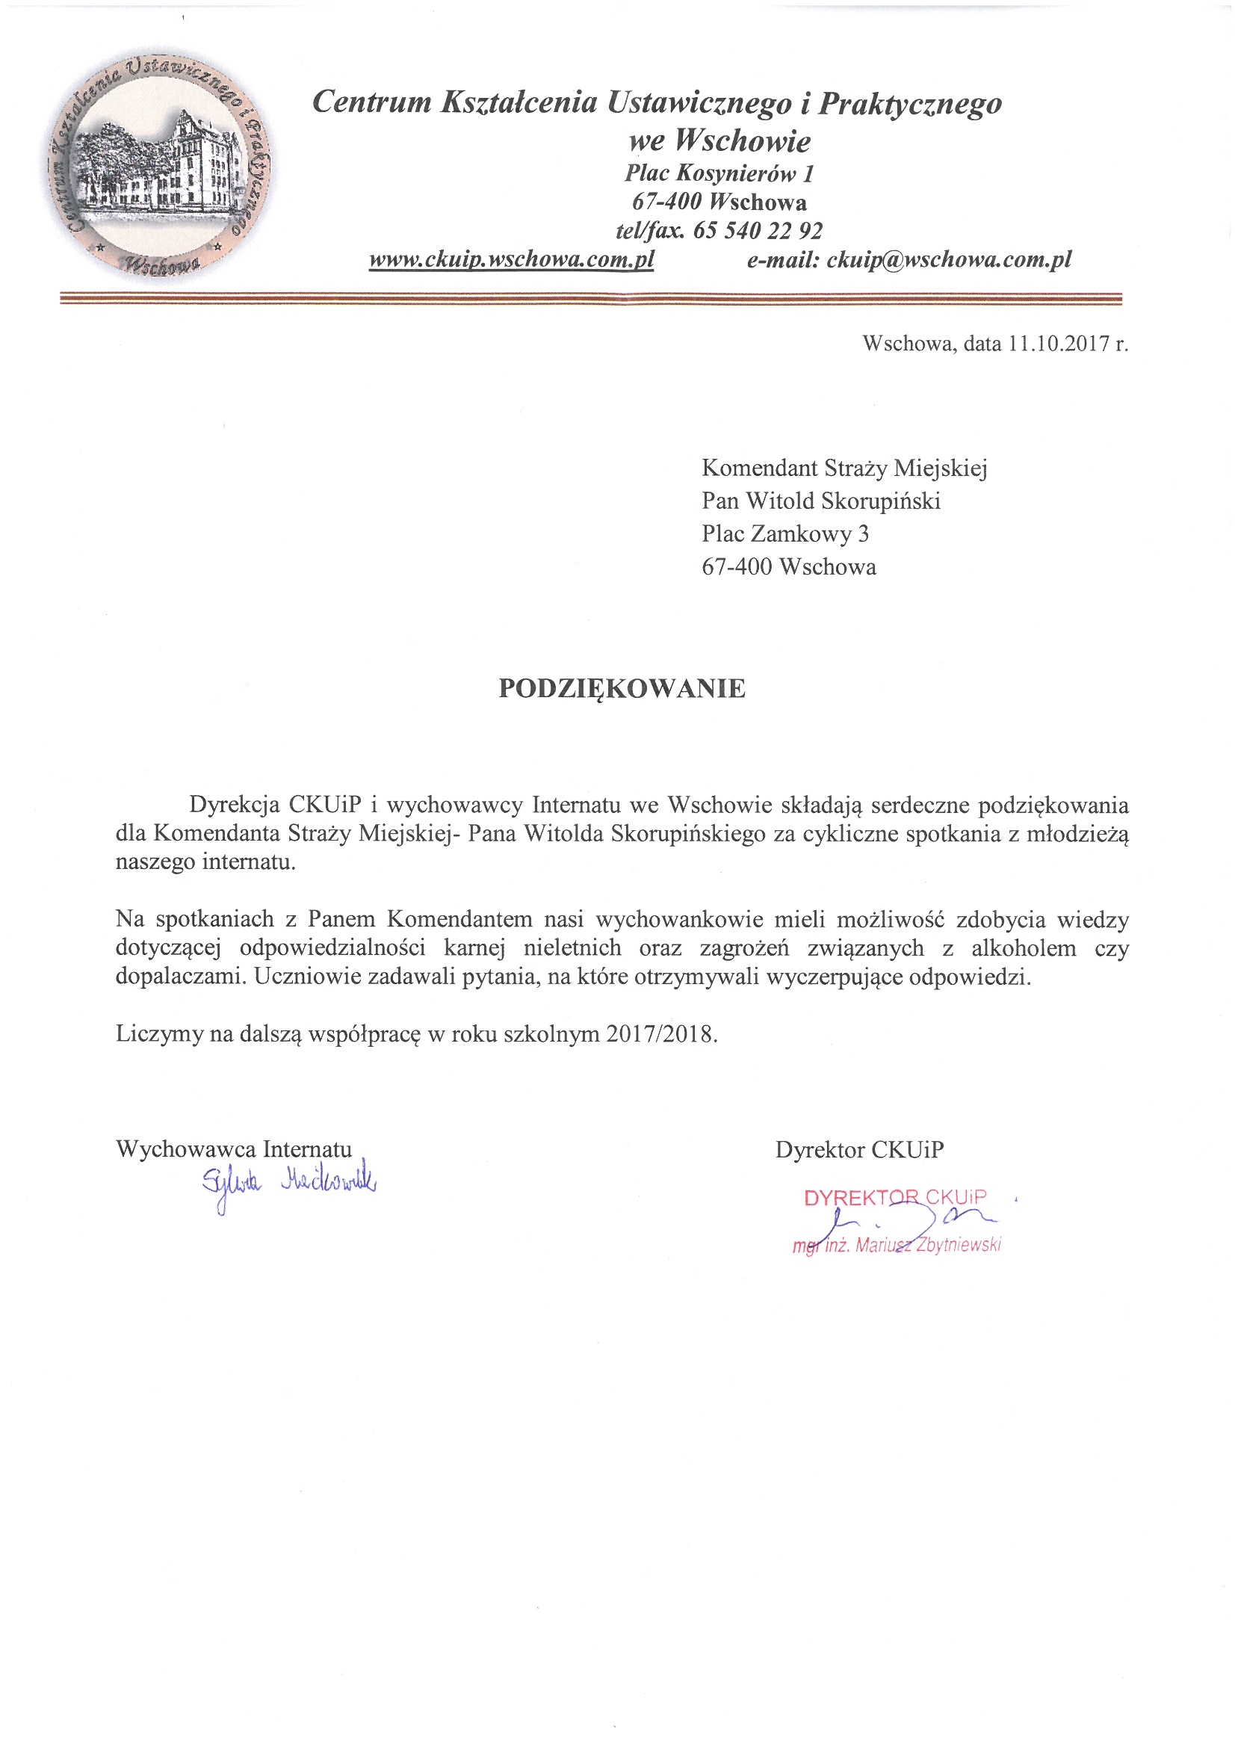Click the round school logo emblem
158,166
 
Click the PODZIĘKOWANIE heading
622,689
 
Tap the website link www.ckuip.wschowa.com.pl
511,259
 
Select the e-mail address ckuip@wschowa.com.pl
949,259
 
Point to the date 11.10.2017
1060,344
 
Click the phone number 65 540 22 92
757,230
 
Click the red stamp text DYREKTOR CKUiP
895,1199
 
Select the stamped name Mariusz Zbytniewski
928,1246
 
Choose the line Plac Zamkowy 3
784,534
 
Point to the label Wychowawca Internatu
234,1149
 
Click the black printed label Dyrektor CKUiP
859,1150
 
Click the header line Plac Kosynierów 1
719,173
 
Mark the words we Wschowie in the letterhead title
719,140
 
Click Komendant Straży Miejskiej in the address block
844,468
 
